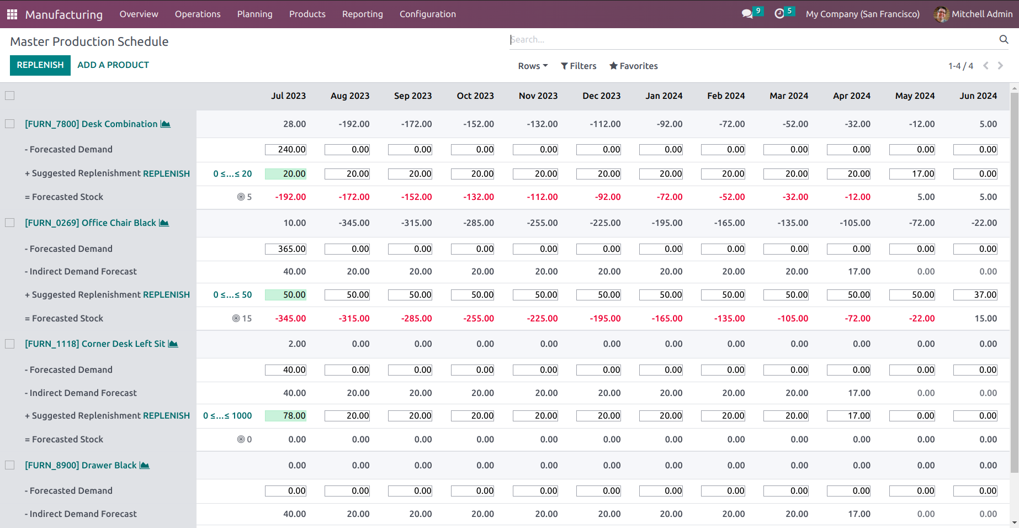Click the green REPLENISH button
click(x=40, y=65)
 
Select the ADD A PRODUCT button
click(x=113, y=65)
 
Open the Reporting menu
click(x=362, y=14)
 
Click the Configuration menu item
click(x=427, y=14)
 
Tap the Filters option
click(x=579, y=66)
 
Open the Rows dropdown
click(x=532, y=66)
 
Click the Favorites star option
click(x=633, y=66)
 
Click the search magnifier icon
click(x=1004, y=39)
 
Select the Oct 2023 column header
click(x=475, y=96)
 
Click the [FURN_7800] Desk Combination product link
click(x=91, y=124)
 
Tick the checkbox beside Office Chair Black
click(x=10, y=223)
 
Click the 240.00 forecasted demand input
click(x=285, y=150)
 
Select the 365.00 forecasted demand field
click(x=285, y=249)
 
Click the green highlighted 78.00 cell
click(x=286, y=416)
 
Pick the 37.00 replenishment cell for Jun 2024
click(x=975, y=295)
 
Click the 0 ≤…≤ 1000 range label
click(x=227, y=416)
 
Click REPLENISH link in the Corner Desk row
click(x=166, y=416)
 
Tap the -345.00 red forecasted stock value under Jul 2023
click(x=290, y=319)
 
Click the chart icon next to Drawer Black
click(x=145, y=466)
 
